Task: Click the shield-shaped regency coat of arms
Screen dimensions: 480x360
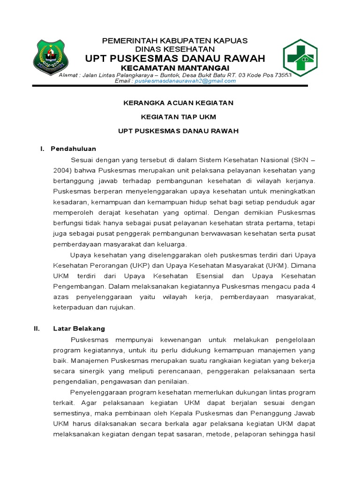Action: [50, 58]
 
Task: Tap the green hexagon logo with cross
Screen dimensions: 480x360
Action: [300, 59]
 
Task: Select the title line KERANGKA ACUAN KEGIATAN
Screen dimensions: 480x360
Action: [178, 103]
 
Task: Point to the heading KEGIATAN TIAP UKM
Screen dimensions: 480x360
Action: [178, 117]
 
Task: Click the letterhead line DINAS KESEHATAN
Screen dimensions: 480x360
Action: [175, 49]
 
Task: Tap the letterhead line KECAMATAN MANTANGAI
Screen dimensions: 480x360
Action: [175, 67]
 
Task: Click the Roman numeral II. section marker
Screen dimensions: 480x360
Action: [37, 329]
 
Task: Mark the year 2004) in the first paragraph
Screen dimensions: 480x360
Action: [62, 169]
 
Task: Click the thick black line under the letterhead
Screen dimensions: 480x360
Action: [170, 86]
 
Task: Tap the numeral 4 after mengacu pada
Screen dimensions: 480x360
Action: [314, 286]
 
